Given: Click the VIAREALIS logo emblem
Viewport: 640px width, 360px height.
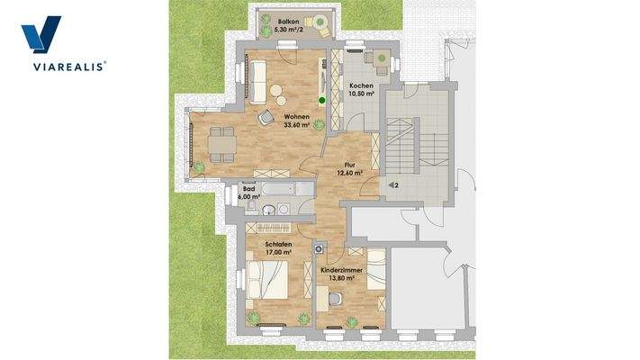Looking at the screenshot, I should (41, 37).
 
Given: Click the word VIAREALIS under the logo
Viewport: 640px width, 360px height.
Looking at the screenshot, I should (64, 66).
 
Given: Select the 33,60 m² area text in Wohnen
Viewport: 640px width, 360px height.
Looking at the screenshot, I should (296, 126).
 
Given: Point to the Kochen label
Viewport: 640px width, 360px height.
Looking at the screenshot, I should (361, 86).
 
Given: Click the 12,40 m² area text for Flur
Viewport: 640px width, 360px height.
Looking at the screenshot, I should (350, 173).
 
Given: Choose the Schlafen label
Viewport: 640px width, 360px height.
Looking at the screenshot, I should (277, 244).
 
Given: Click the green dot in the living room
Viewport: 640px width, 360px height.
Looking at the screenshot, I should (321, 100).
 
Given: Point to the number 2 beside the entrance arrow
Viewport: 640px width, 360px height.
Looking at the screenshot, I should (395, 184).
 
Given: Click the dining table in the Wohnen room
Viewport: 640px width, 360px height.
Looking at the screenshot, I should (221, 143).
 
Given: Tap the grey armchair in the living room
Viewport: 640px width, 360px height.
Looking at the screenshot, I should (266, 117).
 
